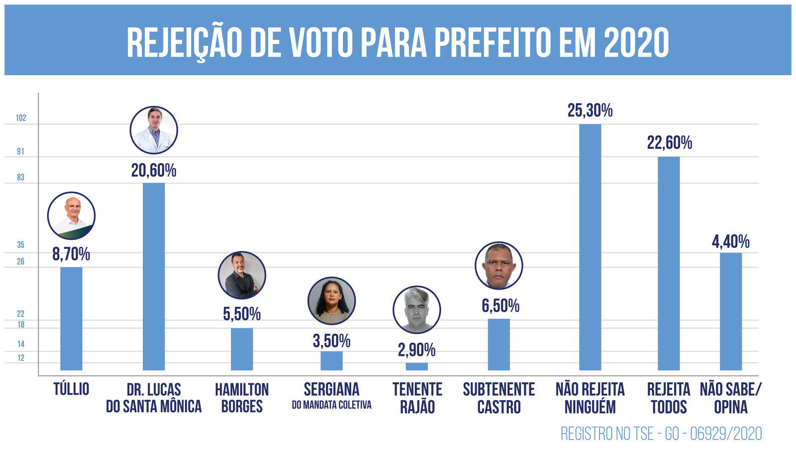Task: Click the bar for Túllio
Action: pos(71,319)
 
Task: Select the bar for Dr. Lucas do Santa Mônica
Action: pos(154,276)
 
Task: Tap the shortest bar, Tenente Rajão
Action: pos(416,366)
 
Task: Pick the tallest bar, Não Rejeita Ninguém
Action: pos(590,247)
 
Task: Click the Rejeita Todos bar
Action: pos(669,263)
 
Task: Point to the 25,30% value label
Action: pos(590,111)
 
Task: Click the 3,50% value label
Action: pos(331,341)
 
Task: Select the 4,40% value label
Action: pos(730,242)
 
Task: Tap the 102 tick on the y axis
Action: pos(21,118)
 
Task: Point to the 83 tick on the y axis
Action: pos(20,177)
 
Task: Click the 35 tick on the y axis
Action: pos(20,245)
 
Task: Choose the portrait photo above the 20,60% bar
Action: pos(154,130)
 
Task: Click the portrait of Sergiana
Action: pos(331,301)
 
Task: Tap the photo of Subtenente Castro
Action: pos(498,266)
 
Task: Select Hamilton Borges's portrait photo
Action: pos(242,275)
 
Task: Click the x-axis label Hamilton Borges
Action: pos(242,398)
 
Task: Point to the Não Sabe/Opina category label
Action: pos(730,398)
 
